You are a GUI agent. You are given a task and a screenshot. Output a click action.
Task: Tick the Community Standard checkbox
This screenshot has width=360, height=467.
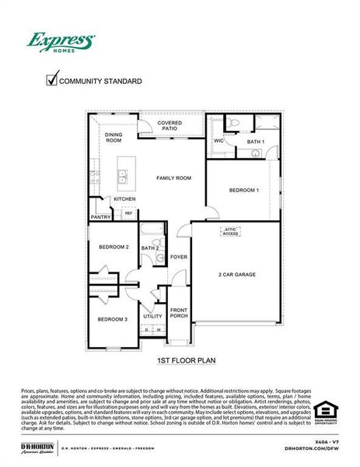pyautogui.click(x=52, y=79)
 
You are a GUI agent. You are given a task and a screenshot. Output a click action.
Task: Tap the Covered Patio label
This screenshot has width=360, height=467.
pyautogui.click(x=170, y=126)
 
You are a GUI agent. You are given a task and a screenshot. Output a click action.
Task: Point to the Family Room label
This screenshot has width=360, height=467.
pyautogui.click(x=173, y=178)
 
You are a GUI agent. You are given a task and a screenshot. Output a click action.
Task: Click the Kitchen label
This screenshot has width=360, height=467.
pyautogui.click(x=125, y=199)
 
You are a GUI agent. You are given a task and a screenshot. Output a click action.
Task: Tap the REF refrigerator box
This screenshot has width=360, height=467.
pyautogui.click(x=128, y=212)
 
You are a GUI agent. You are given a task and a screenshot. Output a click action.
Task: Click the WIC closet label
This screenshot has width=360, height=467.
pyautogui.click(x=218, y=141)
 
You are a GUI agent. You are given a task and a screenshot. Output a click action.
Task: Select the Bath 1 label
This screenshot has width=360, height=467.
pyautogui.click(x=256, y=142)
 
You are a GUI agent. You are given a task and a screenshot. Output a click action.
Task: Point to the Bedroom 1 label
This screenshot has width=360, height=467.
pyautogui.click(x=243, y=190)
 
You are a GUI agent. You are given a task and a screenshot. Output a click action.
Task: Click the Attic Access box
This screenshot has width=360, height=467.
pyautogui.click(x=231, y=231)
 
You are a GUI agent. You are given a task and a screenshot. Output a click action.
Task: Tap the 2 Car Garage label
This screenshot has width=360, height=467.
pyautogui.click(x=236, y=274)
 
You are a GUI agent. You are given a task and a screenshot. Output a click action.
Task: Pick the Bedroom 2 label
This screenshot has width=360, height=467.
pyautogui.click(x=114, y=248)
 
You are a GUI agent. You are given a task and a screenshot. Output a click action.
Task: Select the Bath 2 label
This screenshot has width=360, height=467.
pyautogui.click(x=150, y=248)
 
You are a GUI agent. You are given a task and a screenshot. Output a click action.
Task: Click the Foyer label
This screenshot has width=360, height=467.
pyautogui.click(x=179, y=256)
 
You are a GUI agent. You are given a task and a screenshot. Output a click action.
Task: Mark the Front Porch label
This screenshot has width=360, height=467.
pyautogui.click(x=179, y=314)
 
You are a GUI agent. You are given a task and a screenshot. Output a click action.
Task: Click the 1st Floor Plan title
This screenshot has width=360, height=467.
pyautogui.click(x=186, y=360)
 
